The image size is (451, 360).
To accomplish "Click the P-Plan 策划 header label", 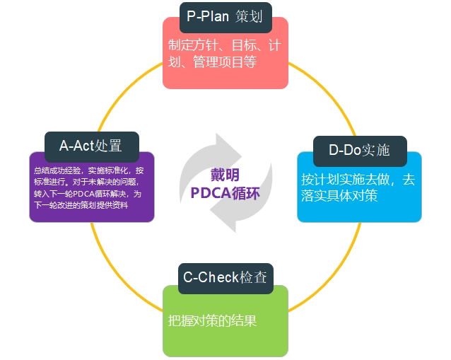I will tap(225, 16).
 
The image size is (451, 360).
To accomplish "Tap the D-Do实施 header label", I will tap(360, 150).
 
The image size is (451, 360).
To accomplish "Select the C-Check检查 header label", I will tap(225, 277).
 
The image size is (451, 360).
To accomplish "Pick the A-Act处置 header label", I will tap(90, 146).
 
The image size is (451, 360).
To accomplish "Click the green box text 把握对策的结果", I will tap(212, 320).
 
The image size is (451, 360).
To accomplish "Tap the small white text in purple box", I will tap(91, 187).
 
